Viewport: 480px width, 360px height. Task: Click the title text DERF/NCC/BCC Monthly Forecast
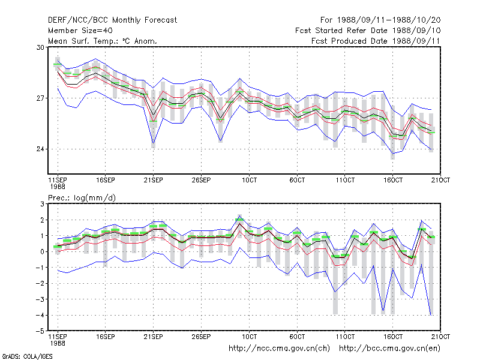click(112, 20)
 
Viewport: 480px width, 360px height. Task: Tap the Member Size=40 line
click(80, 31)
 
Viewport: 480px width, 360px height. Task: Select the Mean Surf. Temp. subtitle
click(103, 41)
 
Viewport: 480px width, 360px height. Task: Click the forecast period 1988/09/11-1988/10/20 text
click(380, 20)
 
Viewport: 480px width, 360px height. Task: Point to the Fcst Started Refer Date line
click(368, 31)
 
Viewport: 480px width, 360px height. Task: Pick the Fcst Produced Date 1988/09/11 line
click(376, 41)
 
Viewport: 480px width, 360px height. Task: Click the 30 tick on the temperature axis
click(40, 47)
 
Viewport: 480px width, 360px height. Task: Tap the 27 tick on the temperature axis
click(40, 98)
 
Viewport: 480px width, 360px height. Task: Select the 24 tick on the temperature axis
click(40, 149)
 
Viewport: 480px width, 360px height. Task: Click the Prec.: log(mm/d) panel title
click(82, 198)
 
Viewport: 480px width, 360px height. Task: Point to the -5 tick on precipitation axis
click(40, 331)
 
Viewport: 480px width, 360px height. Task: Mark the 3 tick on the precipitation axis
click(42, 204)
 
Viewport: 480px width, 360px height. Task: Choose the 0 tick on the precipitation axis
click(42, 251)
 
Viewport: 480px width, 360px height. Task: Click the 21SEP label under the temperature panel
click(154, 181)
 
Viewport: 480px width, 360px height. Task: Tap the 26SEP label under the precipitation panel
click(201, 337)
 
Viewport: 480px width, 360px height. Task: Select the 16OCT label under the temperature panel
click(393, 181)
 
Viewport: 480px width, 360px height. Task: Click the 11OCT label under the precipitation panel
click(345, 337)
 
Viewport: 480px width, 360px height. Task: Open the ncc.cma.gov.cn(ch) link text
click(279, 349)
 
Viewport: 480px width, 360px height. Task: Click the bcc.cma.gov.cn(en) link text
click(389, 349)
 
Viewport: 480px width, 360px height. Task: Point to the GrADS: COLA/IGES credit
click(27, 356)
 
